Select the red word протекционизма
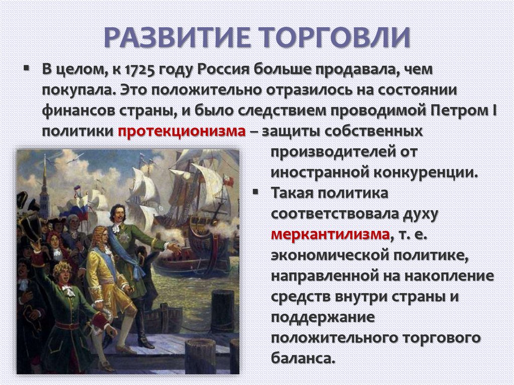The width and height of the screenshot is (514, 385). coord(182,132)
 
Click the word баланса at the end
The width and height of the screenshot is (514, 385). coord(303,358)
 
